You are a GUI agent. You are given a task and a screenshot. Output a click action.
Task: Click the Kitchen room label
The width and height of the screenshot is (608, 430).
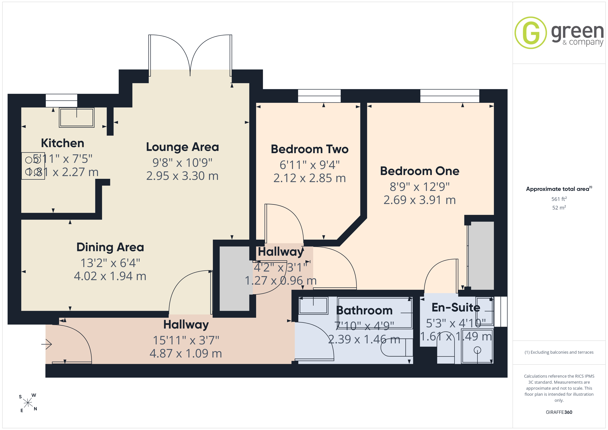(x=63, y=143)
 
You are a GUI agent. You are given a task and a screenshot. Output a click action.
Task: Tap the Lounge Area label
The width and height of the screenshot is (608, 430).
(x=183, y=147)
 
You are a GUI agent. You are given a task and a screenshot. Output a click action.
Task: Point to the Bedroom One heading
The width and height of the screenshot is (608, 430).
(x=420, y=171)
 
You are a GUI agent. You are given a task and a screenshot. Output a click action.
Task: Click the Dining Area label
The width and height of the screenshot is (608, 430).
(x=110, y=247)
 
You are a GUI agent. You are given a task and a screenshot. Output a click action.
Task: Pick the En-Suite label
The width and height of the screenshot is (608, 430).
(x=456, y=307)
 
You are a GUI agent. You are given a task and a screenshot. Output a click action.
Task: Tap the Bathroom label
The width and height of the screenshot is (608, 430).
(x=364, y=310)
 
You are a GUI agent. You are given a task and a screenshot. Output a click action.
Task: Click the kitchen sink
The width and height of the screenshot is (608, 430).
(x=77, y=117)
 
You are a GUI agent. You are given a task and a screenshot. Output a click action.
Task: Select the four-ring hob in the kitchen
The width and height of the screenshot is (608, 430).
(x=33, y=166)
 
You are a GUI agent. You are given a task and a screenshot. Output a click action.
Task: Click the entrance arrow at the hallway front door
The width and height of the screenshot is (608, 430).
(x=47, y=344)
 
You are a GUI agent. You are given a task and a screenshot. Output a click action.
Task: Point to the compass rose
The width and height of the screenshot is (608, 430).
(x=28, y=403)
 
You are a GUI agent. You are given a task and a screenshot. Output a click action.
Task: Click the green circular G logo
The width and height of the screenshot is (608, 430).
(x=530, y=33)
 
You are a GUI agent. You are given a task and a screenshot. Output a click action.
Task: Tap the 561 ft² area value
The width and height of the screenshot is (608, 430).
(x=559, y=199)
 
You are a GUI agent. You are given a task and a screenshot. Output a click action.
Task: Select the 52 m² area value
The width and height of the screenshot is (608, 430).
(x=559, y=208)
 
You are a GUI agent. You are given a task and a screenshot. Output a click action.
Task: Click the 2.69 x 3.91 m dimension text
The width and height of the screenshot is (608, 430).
(x=420, y=200)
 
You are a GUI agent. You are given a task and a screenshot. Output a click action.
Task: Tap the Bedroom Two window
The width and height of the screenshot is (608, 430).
(x=319, y=96)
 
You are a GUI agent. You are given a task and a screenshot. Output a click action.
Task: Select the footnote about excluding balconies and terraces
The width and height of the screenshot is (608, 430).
(x=559, y=352)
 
